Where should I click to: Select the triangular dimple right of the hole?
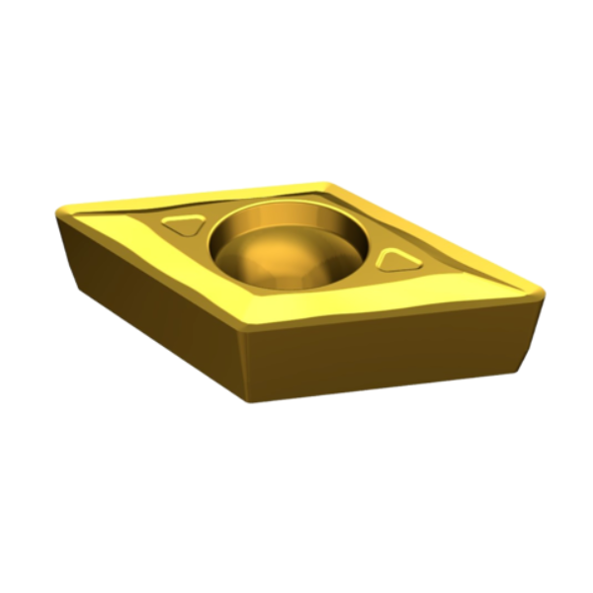click(395, 260)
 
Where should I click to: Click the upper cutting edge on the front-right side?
click(395, 312)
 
